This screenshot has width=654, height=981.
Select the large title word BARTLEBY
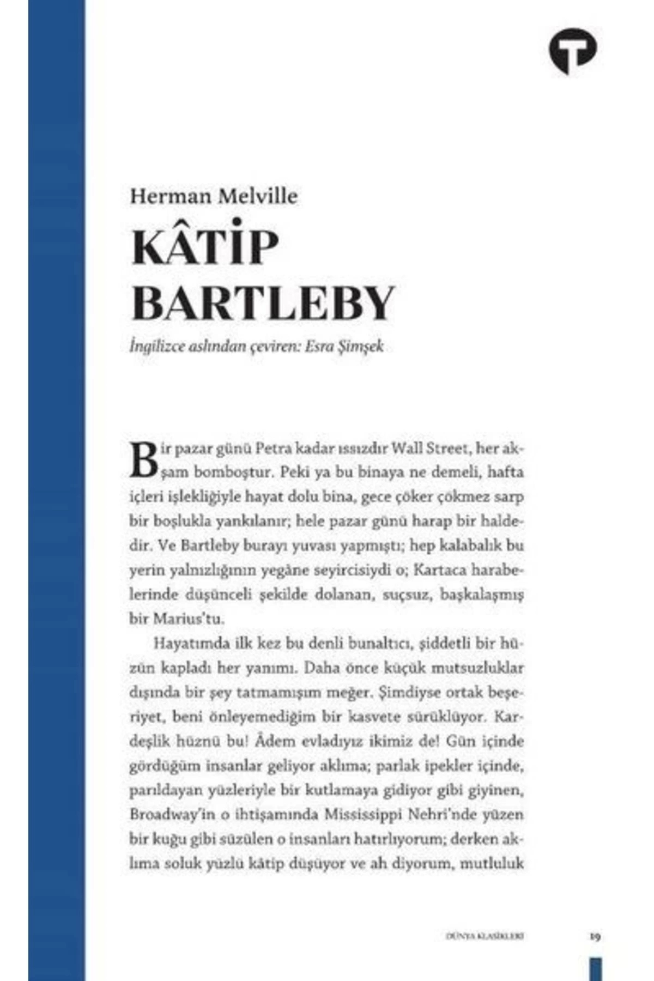coord(262,303)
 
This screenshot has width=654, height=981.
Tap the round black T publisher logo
coord(572,50)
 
